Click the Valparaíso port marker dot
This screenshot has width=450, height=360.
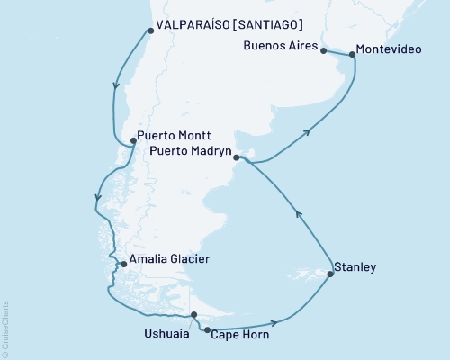(x=148, y=31)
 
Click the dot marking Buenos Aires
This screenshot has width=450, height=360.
(x=323, y=51)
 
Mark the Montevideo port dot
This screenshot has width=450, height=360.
(x=351, y=55)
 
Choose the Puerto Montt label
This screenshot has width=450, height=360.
(x=175, y=139)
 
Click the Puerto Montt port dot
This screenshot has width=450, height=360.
(x=132, y=140)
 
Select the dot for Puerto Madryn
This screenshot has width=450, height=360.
(x=237, y=158)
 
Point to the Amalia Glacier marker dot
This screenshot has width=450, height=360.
(x=123, y=265)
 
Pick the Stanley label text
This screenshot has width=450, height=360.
(x=355, y=267)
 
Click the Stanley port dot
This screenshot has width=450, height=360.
(x=329, y=274)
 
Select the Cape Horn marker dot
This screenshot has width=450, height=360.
(x=209, y=330)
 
